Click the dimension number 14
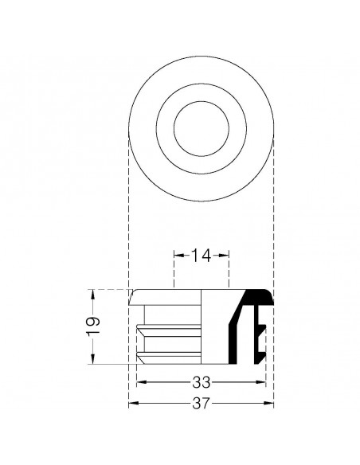202,256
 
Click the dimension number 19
93,325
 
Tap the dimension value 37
202,404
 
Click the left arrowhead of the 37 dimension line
132,404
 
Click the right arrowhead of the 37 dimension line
271,404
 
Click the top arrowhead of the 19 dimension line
93,292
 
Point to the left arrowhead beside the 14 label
177,256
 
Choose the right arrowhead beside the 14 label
227,256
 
